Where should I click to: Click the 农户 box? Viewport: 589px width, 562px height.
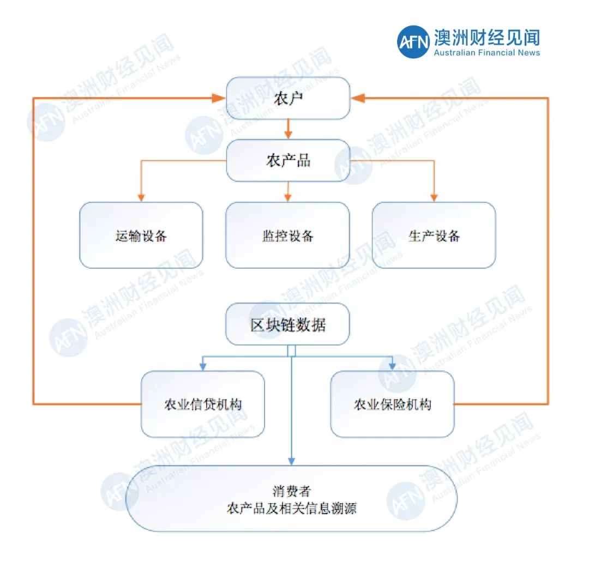pos(288,98)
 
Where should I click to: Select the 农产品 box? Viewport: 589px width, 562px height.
pos(288,160)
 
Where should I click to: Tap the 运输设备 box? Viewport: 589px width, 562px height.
pos(141,235)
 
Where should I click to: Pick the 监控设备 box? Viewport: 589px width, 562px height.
pos(288,235)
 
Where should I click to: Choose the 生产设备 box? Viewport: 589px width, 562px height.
pos(434,235)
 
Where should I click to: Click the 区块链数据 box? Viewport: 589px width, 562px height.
pos(288,324)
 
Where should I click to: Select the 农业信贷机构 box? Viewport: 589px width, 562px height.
pos(203,404)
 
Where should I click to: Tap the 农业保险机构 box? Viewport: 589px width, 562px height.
pos(393,404)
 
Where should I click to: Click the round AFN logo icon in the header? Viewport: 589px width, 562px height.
pos(413,42)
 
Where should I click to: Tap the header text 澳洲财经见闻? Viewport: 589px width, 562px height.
pos(486,37)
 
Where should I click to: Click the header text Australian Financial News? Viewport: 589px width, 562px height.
pos(486,53)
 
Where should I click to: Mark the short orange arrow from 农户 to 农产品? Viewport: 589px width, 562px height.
pos(288,129)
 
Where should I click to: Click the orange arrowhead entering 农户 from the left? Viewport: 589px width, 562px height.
pos(219,98)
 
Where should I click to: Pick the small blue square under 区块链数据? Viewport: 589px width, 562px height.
pos(291,351)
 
